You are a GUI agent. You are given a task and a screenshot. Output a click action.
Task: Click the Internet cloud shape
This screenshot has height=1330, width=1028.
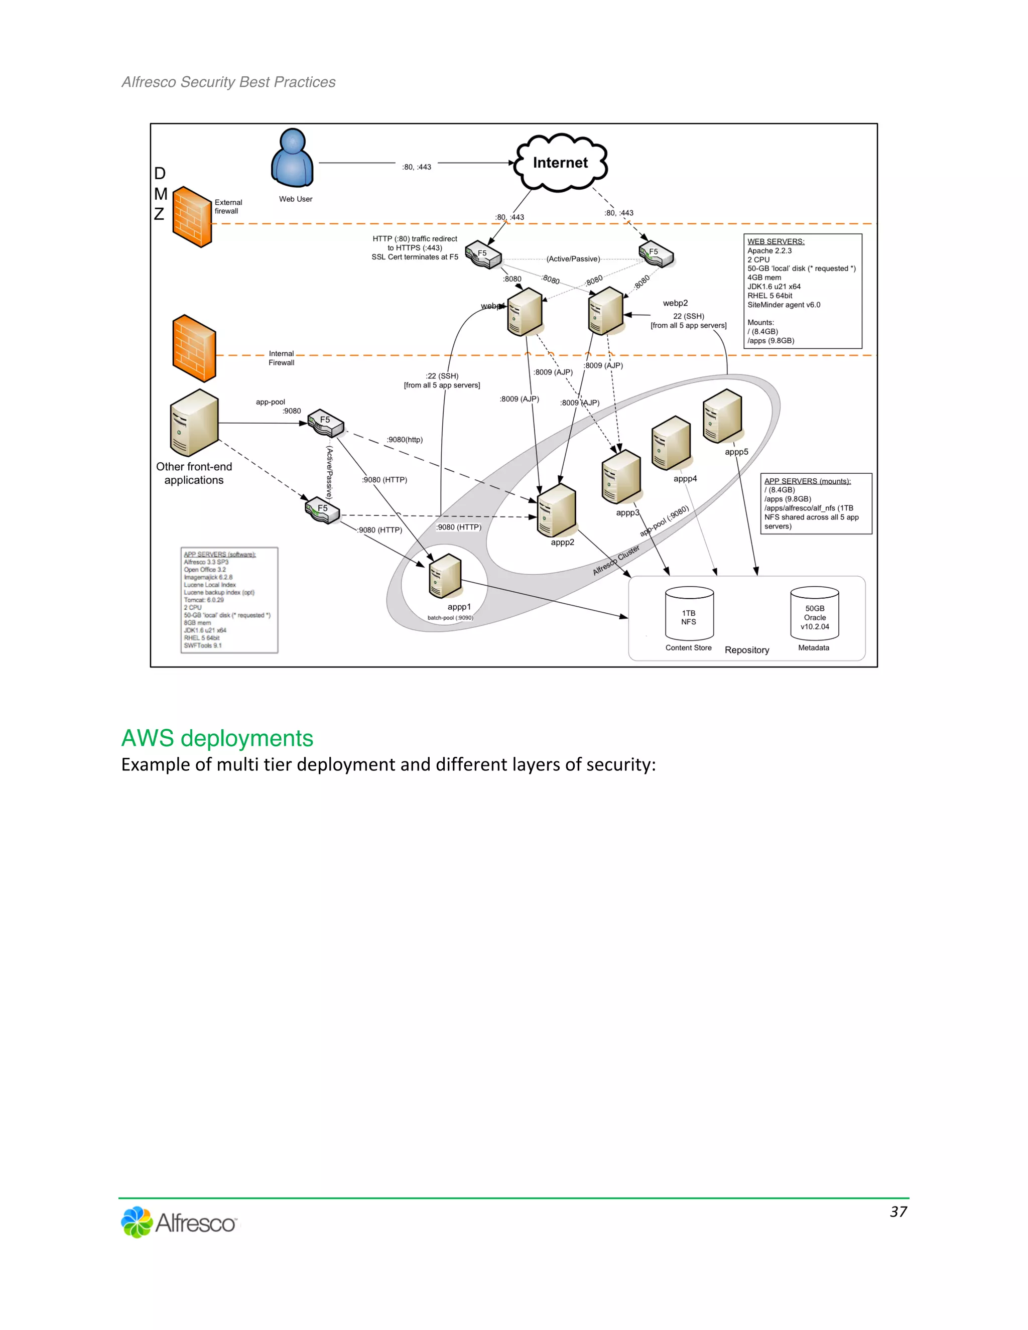pyautogui.click(x=560, y=163)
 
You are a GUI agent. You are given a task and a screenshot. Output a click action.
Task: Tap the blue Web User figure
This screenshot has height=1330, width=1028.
pyautogui.click(x=292, y=158)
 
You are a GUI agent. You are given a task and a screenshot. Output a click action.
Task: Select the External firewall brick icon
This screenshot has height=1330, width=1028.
pyautogui.click(x=192, y=217)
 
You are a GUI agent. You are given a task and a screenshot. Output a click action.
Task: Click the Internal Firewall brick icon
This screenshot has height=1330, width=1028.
pyautogui.click(x=194, y=348)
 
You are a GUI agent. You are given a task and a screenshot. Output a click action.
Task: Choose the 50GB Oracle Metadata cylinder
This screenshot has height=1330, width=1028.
pyautogui.click(x=814, y=613)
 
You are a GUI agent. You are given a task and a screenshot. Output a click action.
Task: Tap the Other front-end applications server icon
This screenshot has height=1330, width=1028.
pyautogui.click(x=194, y=423)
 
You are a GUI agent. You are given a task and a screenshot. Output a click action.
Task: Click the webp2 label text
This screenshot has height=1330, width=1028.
pyautogui.click(x=675, y=303)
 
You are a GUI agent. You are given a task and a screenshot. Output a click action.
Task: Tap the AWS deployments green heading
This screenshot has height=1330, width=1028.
pyautogui.click(x=217, y=738)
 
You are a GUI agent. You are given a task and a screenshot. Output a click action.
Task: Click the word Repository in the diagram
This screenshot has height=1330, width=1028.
pyautogui.click(x=746, y=650)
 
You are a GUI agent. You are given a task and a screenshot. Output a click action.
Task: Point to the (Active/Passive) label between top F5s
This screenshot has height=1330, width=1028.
pyautogui.click(x=572, y=259)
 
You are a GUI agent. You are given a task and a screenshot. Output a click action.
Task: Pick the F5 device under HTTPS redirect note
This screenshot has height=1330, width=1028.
pyautogui.click(x=483, y=254)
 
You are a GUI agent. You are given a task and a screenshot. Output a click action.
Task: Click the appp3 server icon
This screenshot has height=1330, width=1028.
pyautogui.click(x=620, y=477)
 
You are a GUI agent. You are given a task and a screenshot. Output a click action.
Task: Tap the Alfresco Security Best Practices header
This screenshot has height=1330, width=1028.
pyautogui.click(x=228, y=82)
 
